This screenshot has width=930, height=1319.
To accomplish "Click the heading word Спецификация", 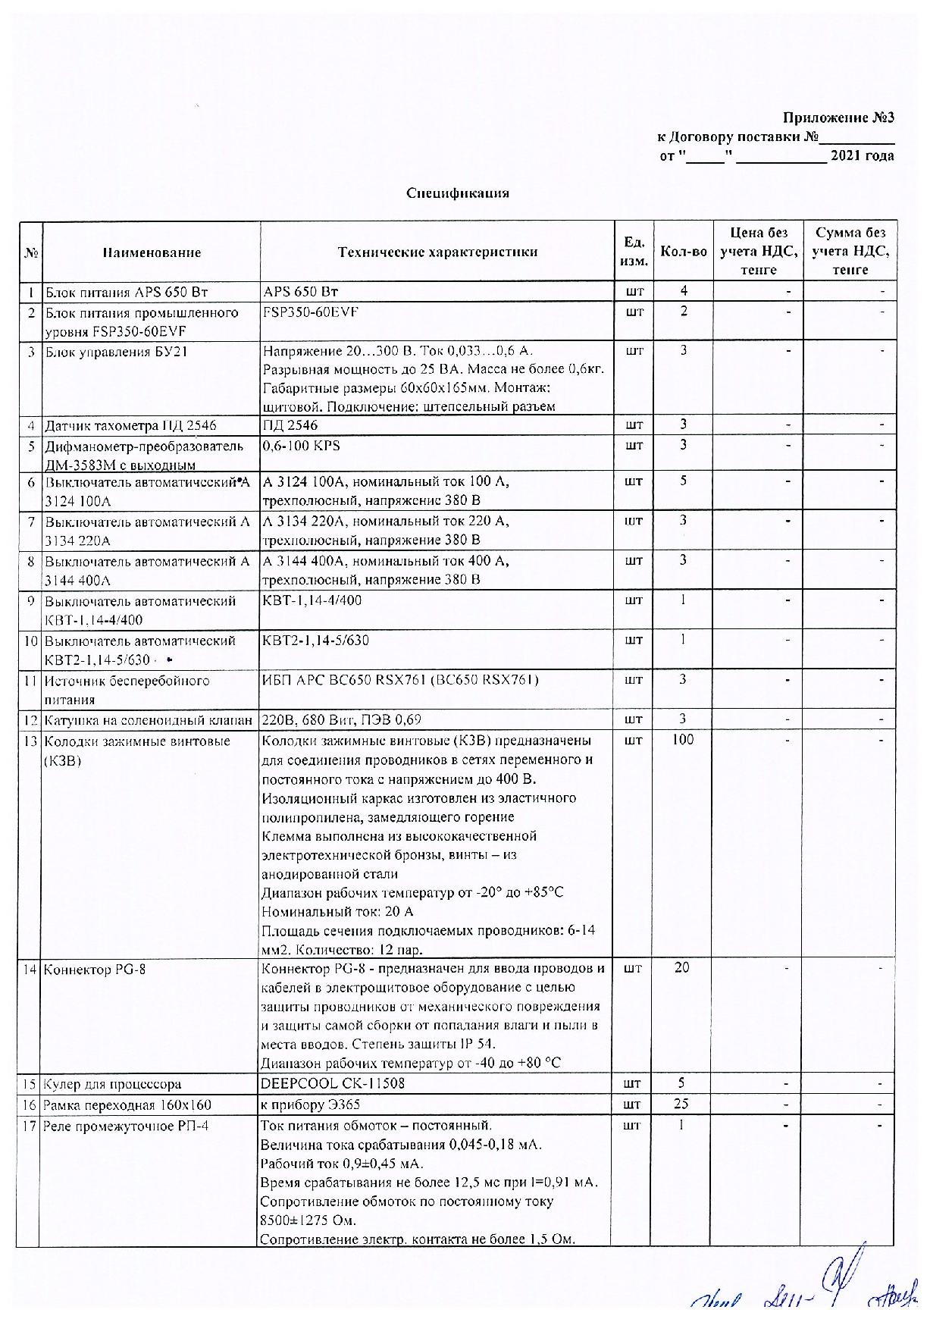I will pos(457,193).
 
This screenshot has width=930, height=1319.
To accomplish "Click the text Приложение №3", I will pos(838,118).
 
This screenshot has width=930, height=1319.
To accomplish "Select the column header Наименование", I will pos(152,252).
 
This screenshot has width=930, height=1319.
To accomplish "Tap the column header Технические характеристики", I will pos(437,252).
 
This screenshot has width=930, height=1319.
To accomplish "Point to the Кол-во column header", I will pos(684,252).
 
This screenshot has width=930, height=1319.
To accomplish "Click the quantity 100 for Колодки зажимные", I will pos(683,740).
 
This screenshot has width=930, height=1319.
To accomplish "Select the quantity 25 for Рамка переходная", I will pos(683,1104).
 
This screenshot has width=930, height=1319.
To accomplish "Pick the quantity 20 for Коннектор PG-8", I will pos(683,968).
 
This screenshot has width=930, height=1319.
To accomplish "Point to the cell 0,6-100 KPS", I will pos(301,445).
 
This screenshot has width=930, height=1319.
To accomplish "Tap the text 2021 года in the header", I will pos(863,156).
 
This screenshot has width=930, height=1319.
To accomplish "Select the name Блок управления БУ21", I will pos(117,352).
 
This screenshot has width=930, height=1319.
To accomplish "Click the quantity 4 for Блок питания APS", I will pos(684,291).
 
